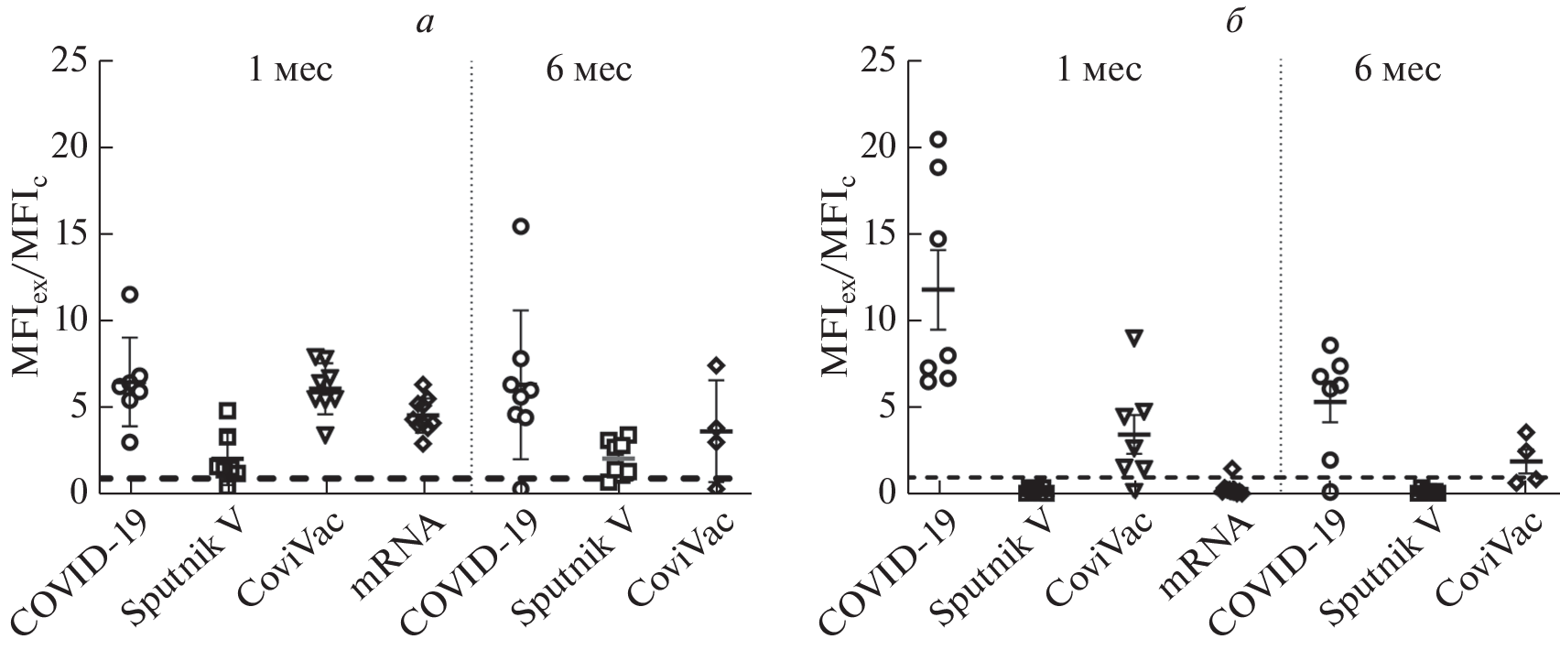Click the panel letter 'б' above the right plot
[1233, 23]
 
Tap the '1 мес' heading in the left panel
[291, 70]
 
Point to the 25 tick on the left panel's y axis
[76, 61]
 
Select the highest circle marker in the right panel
[938, 139]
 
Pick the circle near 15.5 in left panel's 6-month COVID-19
[520, 227]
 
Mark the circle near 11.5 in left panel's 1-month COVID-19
[130, 295]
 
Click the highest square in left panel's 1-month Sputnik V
[227, 410]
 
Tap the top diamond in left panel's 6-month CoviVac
[717, 365]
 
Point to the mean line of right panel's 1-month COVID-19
[938, 289]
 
